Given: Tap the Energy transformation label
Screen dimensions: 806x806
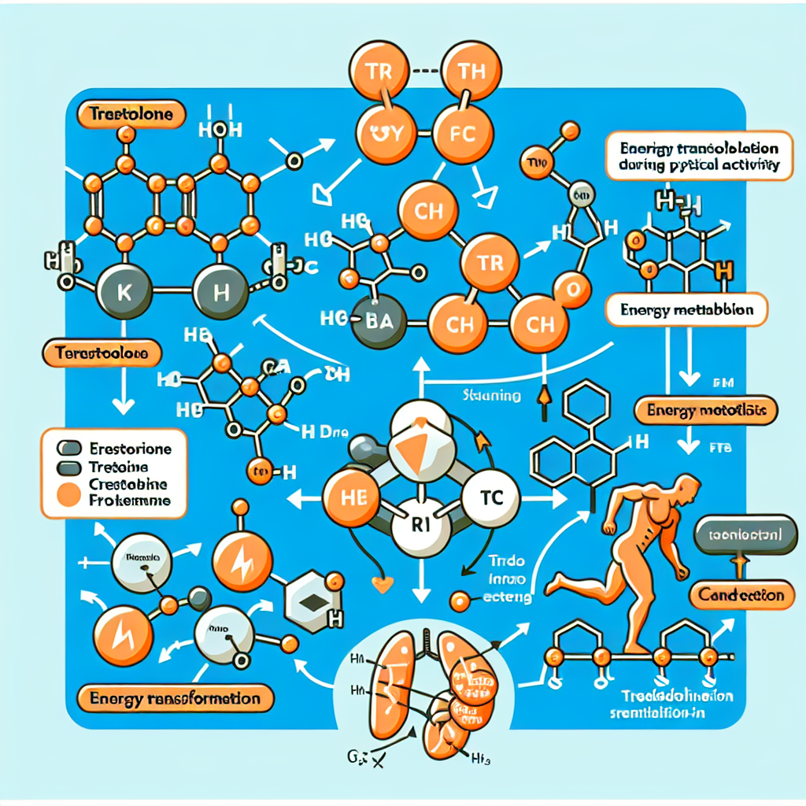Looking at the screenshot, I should (x=176, y=697).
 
